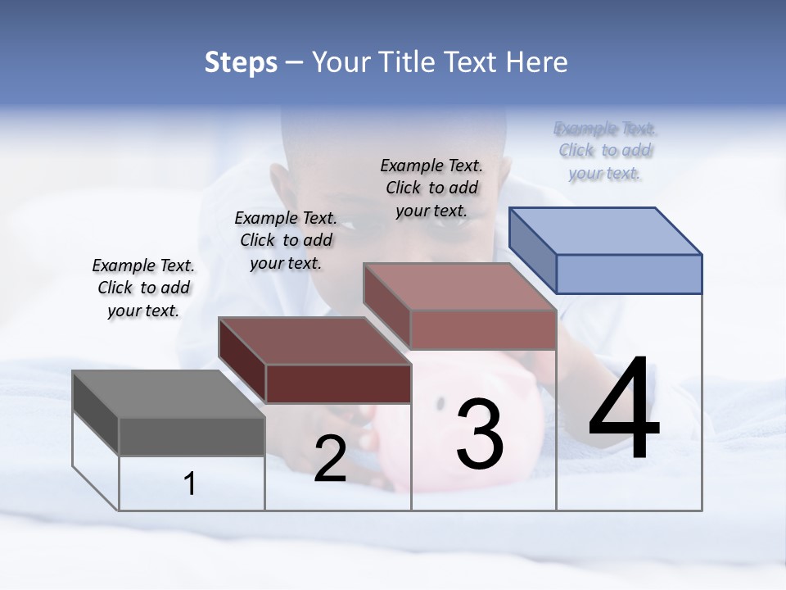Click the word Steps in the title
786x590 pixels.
click(x=241, y=62)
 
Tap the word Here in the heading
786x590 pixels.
click(x=537, y=62)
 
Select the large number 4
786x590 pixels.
click(x=624, y=409)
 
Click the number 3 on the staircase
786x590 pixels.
click(x=480, y=434)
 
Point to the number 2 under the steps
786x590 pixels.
click(x=330, y=459)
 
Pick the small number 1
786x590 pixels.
click(x=190, y=484)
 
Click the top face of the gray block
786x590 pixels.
click(x=169, y=394)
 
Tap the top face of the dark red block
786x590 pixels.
click(x=314, y=341)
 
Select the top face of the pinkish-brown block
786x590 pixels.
click(x=460, y=287)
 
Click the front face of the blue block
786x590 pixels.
click(x=629, y=274)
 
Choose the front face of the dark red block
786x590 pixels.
click(x=338, y=383)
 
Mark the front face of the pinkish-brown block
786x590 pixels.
click(x=483, y=329)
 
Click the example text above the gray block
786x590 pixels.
click(x=143, y=288)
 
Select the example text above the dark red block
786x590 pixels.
click(x=286, y=240)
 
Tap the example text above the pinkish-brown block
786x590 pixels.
click(x=431, y=188)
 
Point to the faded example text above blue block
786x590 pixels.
click(x=605, y=151)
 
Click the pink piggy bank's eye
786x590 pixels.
click(x=440, y=403)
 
